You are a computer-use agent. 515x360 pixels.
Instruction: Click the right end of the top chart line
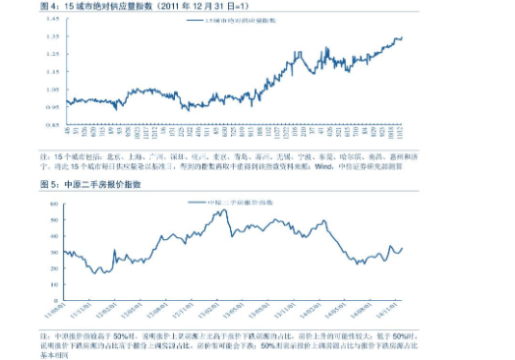click(x=402, y=37)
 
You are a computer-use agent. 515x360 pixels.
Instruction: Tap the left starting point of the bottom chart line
click(x=65, y=253)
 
